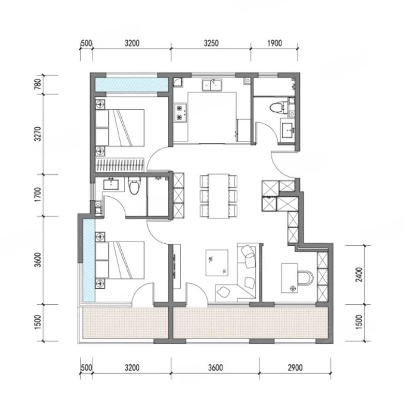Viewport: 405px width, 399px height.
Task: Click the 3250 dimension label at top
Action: (211, 43)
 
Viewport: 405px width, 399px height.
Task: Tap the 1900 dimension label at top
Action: (274, 43)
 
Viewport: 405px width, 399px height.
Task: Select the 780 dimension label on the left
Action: (38, 84)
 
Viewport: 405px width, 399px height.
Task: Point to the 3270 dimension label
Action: (38, 134)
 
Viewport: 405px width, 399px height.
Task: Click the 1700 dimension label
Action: (38, 195)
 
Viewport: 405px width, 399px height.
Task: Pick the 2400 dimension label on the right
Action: (359, 275)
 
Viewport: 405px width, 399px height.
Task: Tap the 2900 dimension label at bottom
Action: (295, 367)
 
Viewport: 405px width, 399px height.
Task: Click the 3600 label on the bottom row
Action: (215, 367)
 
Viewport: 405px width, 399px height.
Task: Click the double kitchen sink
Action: (212, 85)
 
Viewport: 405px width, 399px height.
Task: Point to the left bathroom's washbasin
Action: (110, 184)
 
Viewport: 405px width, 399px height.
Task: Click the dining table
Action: (219, 196)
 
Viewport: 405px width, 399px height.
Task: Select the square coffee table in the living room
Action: (217, 263)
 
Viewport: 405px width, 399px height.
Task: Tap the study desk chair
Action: (306, 278)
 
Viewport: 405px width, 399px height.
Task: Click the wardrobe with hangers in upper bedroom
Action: (120, 165)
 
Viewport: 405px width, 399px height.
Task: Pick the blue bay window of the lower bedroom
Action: (89, 260)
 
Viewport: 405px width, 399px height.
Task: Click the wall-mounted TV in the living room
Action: (175, 267)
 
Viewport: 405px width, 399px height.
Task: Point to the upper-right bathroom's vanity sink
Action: (287, 130)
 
